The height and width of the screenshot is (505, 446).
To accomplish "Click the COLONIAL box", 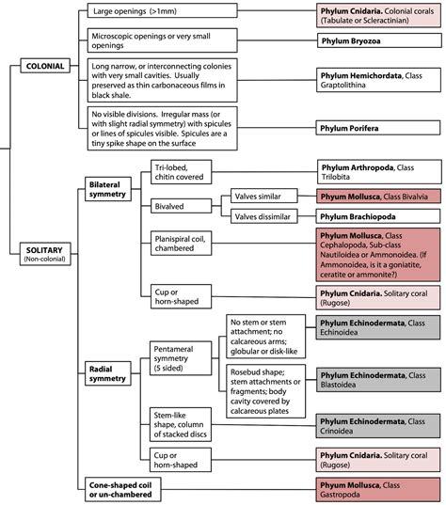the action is point(45,66).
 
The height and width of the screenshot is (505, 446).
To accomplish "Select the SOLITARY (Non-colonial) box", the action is point(45,254).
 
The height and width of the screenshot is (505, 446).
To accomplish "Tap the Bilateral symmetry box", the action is point(108,189).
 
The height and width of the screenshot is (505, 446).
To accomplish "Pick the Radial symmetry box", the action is point(108,373).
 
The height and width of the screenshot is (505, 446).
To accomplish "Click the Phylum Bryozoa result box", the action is point(379,40).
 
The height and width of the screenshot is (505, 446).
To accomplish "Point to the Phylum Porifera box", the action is point(378,128).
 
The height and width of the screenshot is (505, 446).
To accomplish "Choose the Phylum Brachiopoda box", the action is point(378,216).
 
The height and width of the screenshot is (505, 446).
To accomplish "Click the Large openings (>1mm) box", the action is point(163,10).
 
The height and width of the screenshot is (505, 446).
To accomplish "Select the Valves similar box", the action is point(263,196).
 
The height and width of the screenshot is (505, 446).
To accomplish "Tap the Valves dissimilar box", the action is point(263,216).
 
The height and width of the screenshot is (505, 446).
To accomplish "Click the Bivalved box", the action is point(181,206).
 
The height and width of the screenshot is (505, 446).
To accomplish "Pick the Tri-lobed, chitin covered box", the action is point(181,172).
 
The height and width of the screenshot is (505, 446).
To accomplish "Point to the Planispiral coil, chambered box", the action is point(181,244).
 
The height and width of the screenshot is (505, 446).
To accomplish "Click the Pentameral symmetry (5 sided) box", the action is point(181,358).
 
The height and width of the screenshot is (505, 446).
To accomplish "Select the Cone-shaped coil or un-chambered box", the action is point(122,490).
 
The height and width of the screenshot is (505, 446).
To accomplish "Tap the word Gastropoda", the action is point(335,495).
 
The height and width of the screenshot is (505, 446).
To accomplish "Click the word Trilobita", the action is point(336,177).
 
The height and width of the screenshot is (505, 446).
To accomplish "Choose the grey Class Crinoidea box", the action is point(378,426).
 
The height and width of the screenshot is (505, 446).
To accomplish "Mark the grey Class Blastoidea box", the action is point(378,380).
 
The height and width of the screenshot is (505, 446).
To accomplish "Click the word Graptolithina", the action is point(342,85).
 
